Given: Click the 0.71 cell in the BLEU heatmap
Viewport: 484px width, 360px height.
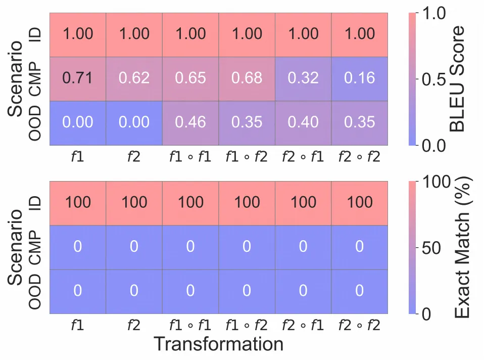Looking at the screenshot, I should coord(78,78).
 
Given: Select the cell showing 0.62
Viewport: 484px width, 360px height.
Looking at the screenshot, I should coord(134,78).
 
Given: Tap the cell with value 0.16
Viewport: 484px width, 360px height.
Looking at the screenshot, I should coord(360,78).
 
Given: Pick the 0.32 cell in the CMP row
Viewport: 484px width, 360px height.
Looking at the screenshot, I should coord(303,78).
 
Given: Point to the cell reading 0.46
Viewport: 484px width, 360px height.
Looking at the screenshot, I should coord(190,123).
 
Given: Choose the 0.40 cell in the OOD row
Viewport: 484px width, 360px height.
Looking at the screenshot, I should coord(303,123).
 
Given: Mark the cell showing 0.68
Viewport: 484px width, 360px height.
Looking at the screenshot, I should coord(247,78).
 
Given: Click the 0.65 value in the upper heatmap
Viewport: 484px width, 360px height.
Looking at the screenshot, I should coord(190,78).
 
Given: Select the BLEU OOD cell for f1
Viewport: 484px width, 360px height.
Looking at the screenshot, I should coord(78,123).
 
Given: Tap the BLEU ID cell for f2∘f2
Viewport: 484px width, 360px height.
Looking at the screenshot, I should coord(360,34).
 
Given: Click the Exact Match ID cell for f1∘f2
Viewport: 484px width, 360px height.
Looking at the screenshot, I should coord(247,203).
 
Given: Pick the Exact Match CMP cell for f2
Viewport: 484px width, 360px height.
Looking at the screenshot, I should coord(134,247).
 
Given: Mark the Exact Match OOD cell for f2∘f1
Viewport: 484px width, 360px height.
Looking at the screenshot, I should coord(303,291).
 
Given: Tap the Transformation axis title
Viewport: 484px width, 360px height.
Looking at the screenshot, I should coord(218,344).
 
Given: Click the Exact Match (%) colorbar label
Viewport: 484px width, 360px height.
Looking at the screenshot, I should coord(463,247).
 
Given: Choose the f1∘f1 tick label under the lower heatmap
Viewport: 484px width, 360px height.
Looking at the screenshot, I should coord(190,326).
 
